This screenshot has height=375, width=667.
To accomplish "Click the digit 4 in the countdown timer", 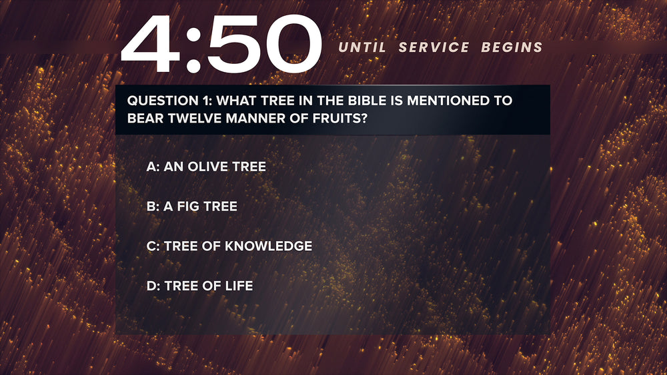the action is point(150,44).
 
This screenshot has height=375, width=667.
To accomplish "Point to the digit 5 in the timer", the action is point(231,44).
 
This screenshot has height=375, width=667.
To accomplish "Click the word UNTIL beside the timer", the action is point(362,47).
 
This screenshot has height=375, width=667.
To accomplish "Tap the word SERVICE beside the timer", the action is point(434,47).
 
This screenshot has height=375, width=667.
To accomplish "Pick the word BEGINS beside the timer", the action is point(512,47).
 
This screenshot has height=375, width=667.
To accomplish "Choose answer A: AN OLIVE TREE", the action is point(206,167).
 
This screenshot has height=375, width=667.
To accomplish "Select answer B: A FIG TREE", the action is point(192,206).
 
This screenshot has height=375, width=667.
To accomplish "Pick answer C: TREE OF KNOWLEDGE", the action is point(229,246).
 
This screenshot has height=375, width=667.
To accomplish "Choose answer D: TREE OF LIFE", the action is point(200,286).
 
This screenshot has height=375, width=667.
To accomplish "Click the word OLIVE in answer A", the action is point(203,167).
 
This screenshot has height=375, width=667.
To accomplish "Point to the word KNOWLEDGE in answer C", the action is point(268,246).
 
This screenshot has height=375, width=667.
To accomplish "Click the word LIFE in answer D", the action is point(239,286).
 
